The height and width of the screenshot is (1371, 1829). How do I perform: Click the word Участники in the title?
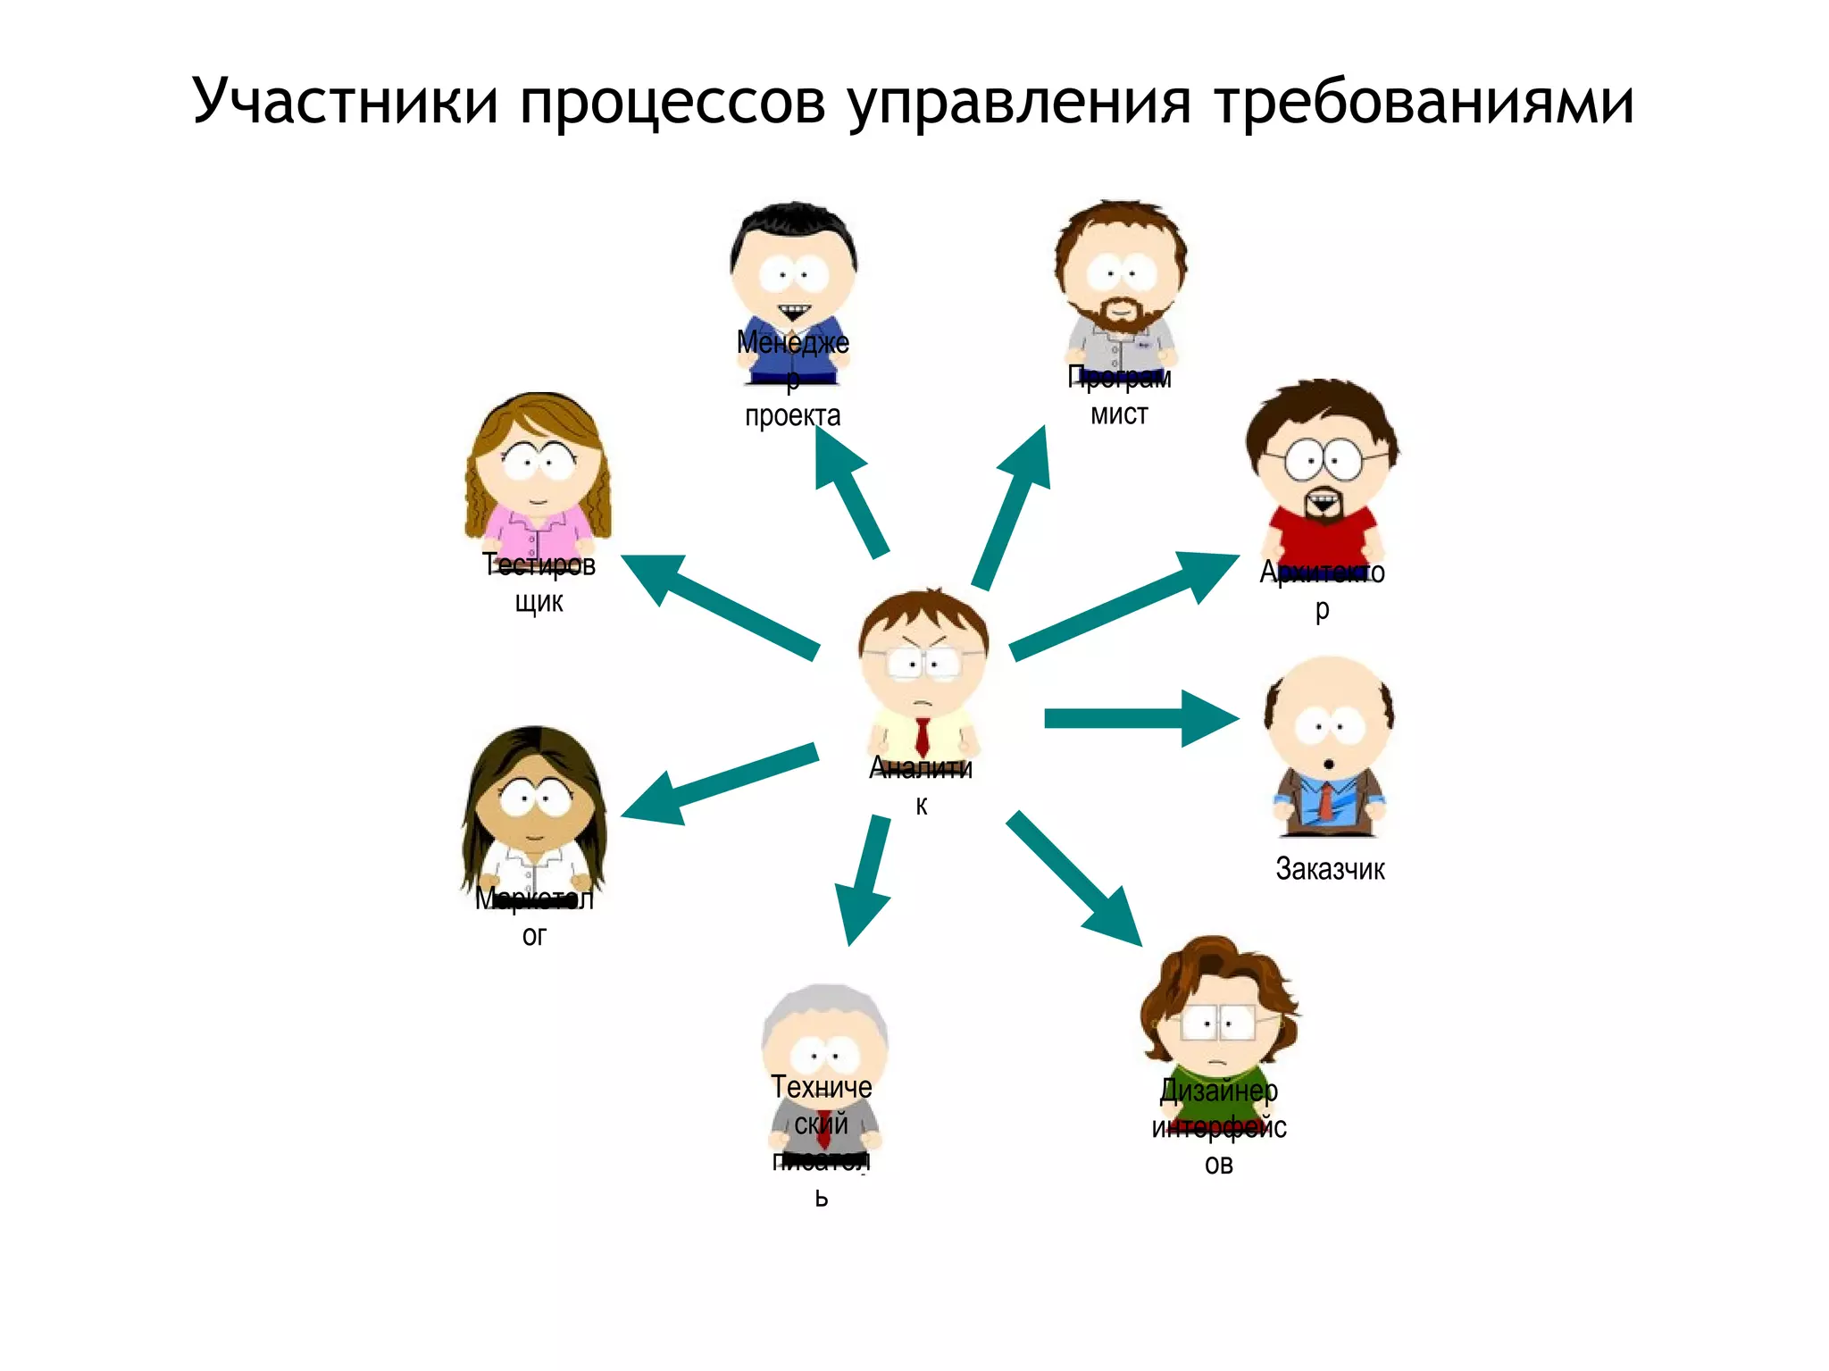click(x=345, y=101)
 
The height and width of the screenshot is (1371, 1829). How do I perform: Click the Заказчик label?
click(x=1330, y=868)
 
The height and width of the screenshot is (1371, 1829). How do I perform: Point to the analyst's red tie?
click(x=923, y=737)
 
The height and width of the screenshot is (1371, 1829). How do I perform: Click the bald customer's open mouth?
click(x=1329, y=765)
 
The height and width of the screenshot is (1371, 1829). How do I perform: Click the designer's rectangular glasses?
click(x=1218, y=1023)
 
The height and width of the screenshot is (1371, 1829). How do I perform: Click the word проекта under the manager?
click(x=792, y=415)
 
